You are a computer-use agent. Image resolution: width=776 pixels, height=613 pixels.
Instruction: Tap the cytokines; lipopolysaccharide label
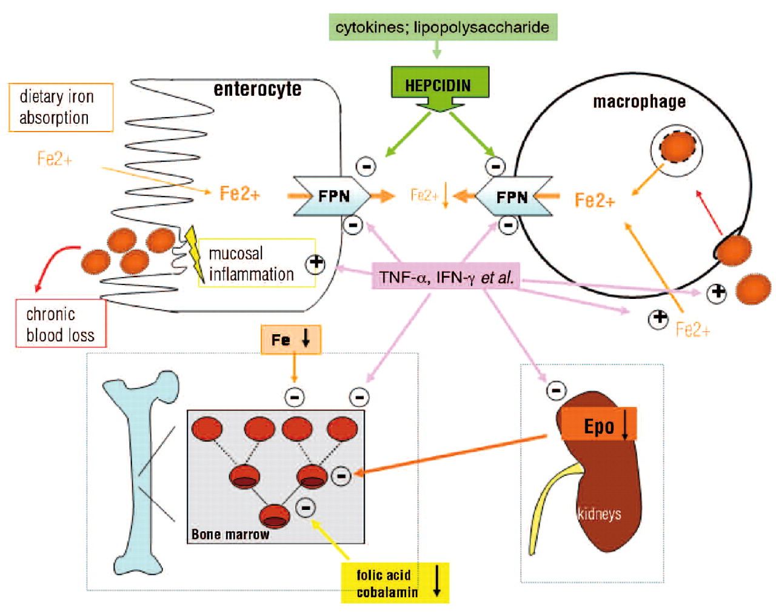pyautogui.click(x=443, y=27)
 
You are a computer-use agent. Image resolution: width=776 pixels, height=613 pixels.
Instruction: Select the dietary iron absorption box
pyautogui.click(x=61, y=107)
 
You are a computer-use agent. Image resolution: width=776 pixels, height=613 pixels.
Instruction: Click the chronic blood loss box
pyautogui.click(x=61, y=324)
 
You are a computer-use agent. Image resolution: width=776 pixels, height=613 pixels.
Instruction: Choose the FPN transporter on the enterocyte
pyautogui.click(x=332, y=196)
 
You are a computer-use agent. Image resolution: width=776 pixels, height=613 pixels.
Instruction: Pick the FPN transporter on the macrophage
pyautogui.click(x=513, y=196)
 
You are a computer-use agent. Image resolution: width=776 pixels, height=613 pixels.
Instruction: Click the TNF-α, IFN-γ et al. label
pyautogui.click(x=446, y=278)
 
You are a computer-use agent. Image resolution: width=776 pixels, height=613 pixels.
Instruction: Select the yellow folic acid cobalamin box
pyautogui.click(x=395, y=583)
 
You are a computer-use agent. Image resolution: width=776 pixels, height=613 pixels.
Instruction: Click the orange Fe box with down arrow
pyautogui.click(x=290, y=340)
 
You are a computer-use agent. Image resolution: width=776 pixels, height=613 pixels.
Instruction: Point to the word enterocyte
pyautogui.click(x=257, y=89)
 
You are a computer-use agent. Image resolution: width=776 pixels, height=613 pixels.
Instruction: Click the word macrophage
pyautogui.click(x=639, y=101)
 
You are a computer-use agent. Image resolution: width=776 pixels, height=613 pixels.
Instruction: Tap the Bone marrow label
pyautogui.click(x=230, y=534)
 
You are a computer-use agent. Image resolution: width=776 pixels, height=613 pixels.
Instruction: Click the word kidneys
pyautogui.click(x=600, y=514)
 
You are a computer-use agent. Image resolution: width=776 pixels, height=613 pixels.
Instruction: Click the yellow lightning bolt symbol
pyautogui.click(x=195, y=253)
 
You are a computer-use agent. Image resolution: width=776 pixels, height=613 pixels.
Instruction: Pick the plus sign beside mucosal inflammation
pyautogui.click(x=315, y=263)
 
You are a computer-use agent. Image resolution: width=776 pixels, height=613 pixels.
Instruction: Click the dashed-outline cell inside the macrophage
pyautogui.click(x=677, y=147)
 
